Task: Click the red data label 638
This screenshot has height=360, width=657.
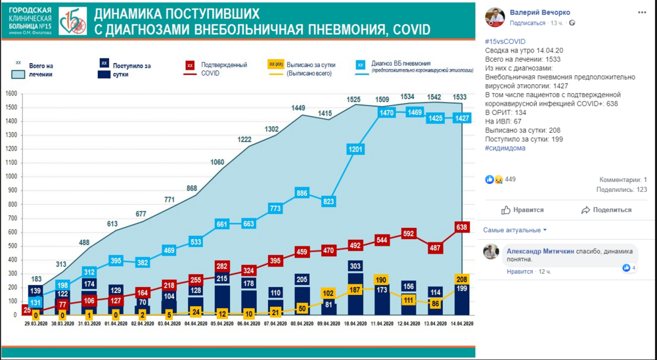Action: click(x=462, y=227)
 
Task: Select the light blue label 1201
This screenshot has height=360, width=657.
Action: click(x=355, y=149)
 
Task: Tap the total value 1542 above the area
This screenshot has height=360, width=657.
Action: click(x=435, y=97)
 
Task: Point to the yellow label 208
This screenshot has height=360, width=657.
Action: click(x=461, y=278)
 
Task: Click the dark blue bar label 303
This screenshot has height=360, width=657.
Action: click(x=355, y=266)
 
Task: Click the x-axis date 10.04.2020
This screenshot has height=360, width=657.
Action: click(x=355, y=324)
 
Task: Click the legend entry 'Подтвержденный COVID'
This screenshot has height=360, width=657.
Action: click(x=224, y=69)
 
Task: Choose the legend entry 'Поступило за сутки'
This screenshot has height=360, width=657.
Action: click(x=131, y=70)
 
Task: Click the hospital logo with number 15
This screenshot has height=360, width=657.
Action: click(x=72, y=21)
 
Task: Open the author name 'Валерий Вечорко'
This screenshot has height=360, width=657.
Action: click(x=540, y=12)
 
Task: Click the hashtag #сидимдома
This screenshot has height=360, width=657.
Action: click(x=505, y=148)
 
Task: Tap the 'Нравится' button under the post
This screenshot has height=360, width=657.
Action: click(x=523, y=210)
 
